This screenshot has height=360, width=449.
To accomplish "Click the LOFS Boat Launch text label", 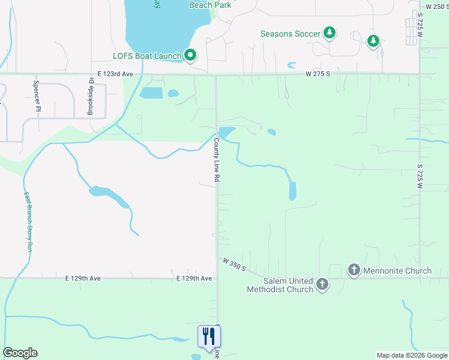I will tap(147, 56).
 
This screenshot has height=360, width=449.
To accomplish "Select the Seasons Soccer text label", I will tap(291, 34).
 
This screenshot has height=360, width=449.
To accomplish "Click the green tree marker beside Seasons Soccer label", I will tap(330, 33).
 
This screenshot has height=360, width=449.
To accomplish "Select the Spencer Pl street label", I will tap(37, 97).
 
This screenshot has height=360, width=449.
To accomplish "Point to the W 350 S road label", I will tap(234, 264).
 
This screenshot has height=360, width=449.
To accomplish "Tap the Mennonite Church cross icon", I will tap(354, 271).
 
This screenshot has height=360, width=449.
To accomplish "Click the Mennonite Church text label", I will tap(397, 271).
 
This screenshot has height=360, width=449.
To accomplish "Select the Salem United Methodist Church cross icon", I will tap(322, 284).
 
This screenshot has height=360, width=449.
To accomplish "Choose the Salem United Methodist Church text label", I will tap(280, 285).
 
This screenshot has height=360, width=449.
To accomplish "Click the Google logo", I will tap(20, 353).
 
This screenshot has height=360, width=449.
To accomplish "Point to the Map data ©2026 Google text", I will tap(412, 355).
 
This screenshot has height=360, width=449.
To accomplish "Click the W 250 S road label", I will tap(436, 7).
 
